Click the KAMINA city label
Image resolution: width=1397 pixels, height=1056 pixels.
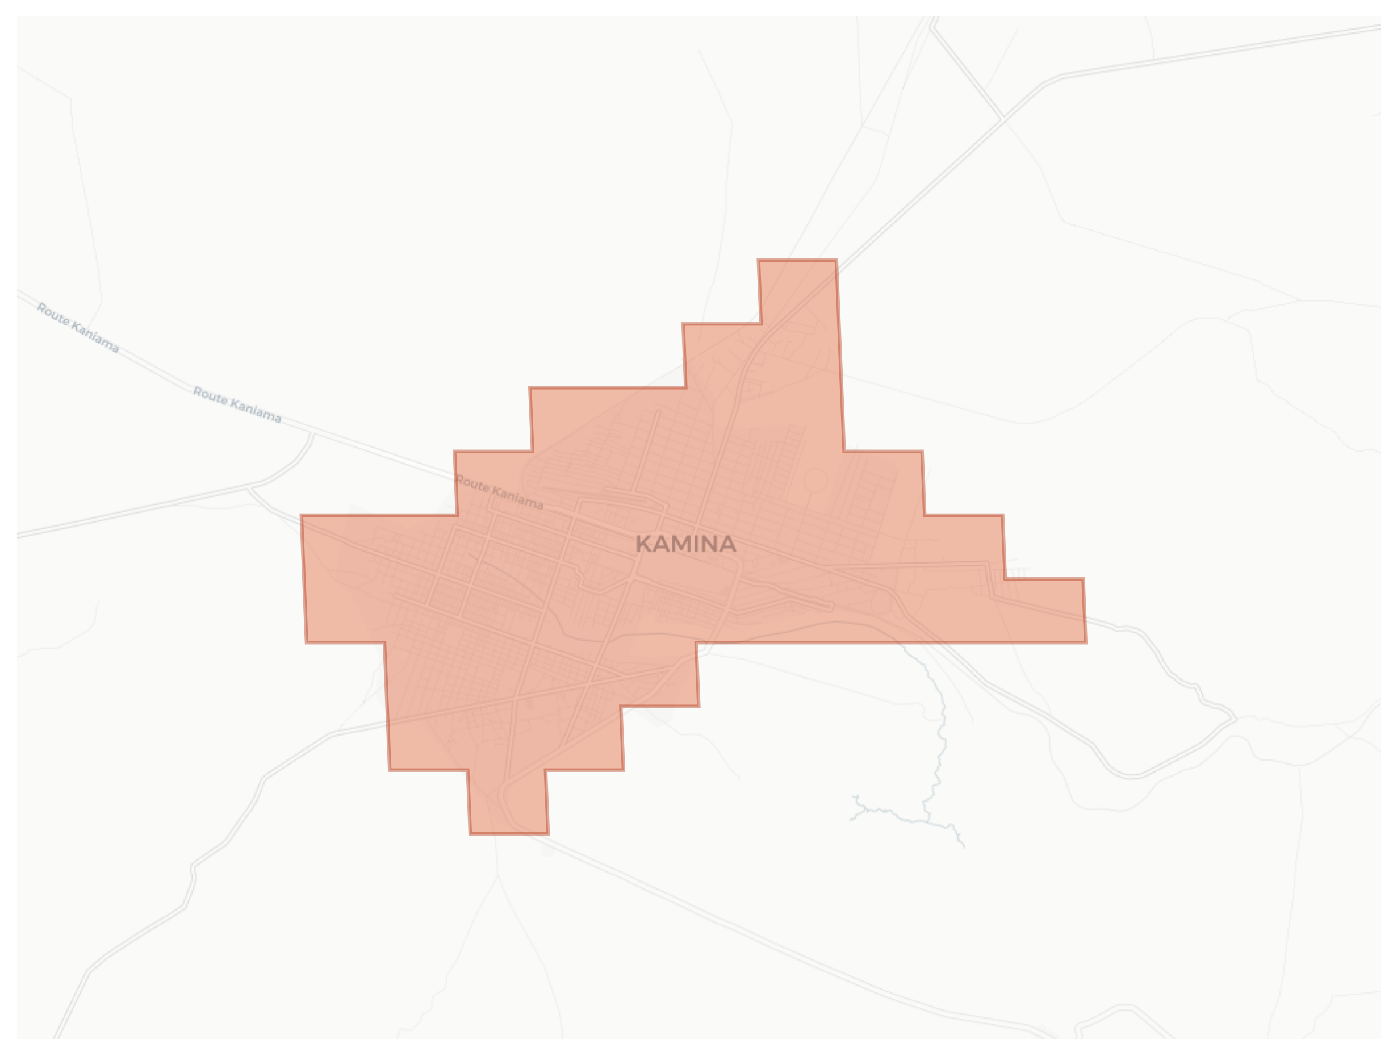(x=685, y=544)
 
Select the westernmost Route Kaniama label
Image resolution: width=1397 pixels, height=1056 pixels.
(x=78, y=328)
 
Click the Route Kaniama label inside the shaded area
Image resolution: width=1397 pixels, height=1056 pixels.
(x=499, y=492)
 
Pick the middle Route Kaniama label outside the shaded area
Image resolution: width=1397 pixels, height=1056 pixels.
(x=237, y=404)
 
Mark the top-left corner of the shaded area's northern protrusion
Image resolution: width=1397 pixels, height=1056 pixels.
(x=759, y=260)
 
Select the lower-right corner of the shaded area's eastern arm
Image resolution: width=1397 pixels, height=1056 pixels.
(x=1086, y=642)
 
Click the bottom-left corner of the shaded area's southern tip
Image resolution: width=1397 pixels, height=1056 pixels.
(x=470, y=834)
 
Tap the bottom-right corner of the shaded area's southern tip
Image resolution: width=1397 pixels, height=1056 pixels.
(x=547, y=834)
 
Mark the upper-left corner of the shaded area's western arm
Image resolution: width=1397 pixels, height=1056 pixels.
(x=301, y=515)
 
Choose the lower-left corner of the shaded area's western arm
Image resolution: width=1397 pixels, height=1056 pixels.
(x=306, y=642)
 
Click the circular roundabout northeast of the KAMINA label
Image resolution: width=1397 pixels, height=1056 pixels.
(x=815, y=481)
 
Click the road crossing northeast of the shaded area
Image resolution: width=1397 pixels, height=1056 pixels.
(x=1002, y=118)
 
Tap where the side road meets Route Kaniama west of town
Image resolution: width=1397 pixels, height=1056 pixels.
(x=312, y=435)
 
